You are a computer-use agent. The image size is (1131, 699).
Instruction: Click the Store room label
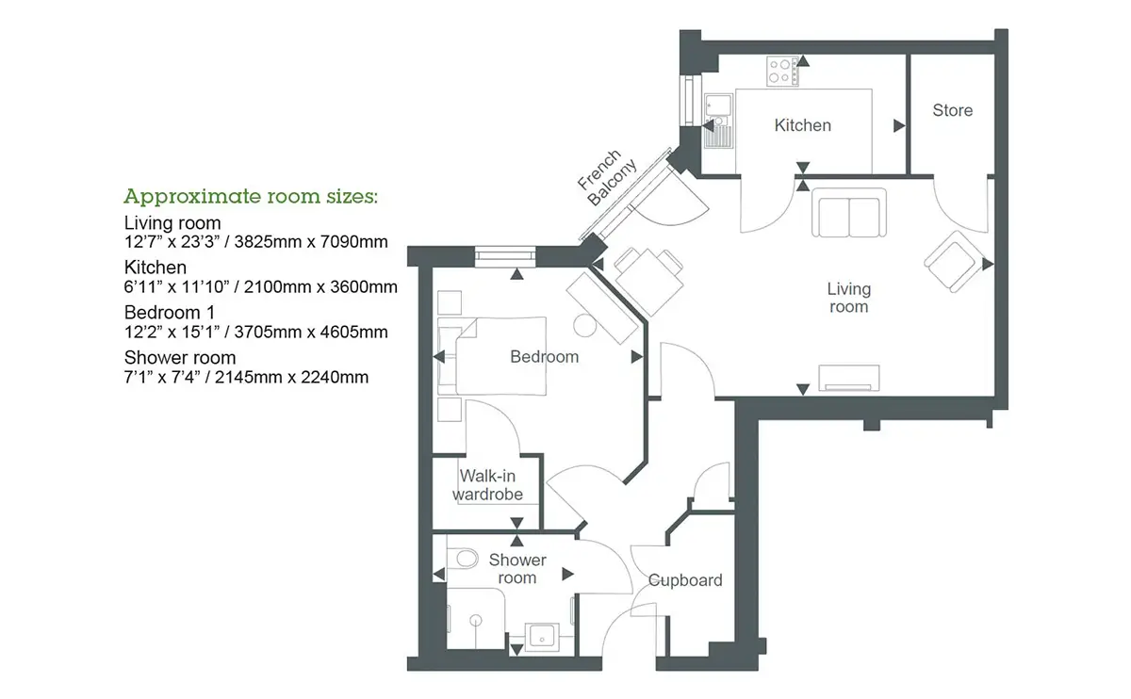click(x=952, y=110)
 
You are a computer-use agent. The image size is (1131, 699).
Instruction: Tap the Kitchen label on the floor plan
click(x=802, y=125)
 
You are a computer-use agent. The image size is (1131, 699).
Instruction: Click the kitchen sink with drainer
click(x=718, y=121)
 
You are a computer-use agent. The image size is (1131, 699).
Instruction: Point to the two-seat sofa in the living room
click(x=849, y=213)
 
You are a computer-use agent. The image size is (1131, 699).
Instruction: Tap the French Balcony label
click(x=607, y=177)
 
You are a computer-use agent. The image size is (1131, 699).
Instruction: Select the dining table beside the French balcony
click(x=648, y=281)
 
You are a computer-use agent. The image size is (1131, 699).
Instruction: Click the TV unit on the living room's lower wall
click(x=848, y=378)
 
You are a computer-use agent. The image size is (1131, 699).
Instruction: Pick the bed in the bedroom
click(x=492, y=356)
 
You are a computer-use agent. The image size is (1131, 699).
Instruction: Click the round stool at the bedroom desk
click(x=585, y=326)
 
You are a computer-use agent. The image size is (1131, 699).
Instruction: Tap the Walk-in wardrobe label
click(x=487, y=485)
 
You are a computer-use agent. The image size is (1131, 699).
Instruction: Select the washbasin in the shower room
click(x=542, y=637)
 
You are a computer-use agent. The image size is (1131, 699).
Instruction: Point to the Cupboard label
click(x=684, y=580)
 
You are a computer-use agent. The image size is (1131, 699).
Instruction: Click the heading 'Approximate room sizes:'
click(x=251, y=196)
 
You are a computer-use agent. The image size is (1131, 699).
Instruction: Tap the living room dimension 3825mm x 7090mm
click(x=311, y=242)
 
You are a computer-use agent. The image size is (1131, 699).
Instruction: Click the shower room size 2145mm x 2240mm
click(x=291, y=377)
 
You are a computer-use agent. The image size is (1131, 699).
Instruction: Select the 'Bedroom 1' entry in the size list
click(x=169, y=313)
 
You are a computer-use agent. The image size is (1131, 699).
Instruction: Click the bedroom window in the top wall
click(x=505, y=256)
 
